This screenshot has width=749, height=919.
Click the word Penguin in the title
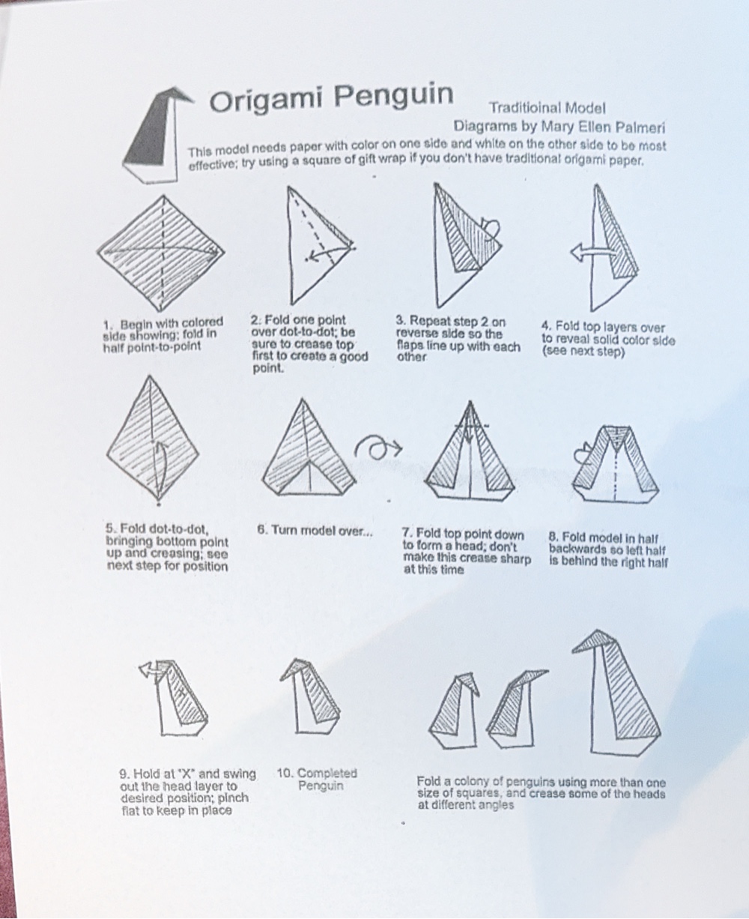click(x=394, y=96)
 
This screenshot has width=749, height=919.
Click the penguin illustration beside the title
click(x=157, y=134)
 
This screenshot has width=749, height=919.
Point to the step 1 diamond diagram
click(x=161, y=253)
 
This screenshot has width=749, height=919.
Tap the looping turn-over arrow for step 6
click(x=378, y=447)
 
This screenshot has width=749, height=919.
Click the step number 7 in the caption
click(x=407, y=533)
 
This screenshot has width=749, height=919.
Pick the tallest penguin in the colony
click(x=616, y=693)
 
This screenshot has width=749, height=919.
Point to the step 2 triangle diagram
click(x=321, y=246)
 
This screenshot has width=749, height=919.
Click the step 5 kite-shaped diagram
click(x=153, y=439)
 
